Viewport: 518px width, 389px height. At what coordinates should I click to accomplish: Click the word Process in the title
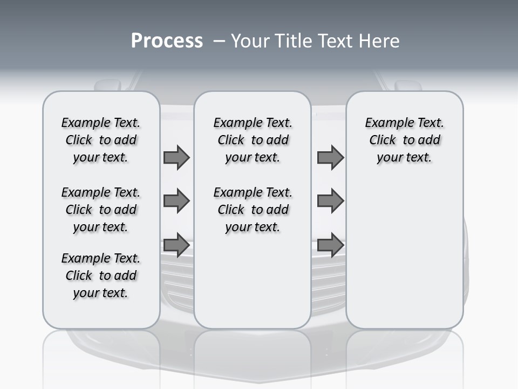point(167,41)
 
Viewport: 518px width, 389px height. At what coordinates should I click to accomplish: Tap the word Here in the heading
point(378,41)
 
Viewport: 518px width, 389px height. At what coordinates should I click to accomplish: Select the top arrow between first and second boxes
point(176,158)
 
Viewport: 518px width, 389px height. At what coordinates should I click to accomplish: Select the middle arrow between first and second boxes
point(176,201)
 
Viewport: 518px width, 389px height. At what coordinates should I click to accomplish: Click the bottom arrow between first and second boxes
point(176,245)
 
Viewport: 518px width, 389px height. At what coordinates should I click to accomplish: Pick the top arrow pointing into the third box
point(330,158)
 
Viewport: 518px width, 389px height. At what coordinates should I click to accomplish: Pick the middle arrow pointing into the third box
point(330,201)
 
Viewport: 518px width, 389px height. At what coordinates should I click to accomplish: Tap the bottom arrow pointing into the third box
point(330,245)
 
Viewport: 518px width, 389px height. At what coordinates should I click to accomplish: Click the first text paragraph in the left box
point(101,140)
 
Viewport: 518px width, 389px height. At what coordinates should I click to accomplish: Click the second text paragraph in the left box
point(101,210)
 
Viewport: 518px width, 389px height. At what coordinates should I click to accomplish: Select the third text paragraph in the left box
point(101,276)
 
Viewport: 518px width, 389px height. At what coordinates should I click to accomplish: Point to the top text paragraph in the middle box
point(253,140)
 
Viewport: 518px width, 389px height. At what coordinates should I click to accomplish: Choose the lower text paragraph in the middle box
point(253,210)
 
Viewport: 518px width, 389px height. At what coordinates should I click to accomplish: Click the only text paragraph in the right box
point(404,140)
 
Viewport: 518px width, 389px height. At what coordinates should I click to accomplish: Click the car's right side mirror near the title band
point(409,85)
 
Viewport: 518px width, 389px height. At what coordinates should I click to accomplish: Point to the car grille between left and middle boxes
point(177,281)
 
